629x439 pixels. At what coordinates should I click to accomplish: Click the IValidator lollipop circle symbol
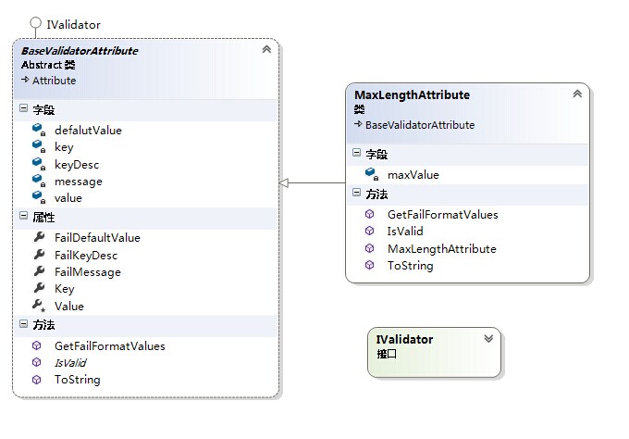pyautogui.click(x=36, y=22)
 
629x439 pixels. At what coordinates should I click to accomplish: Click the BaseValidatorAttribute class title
pyautogui.click(x=80, y=51)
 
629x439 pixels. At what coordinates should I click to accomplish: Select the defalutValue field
pyautogui.click(x=88, y=131)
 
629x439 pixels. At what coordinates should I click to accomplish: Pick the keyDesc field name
pyautogui.click(x=77, y=165)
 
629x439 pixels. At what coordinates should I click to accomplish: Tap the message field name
pyautogui.click(x=79, y=182)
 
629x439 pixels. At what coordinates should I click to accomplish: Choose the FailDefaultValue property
pyautogui.click(x=97, y=238)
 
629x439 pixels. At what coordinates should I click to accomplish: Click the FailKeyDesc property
pyautogui.click(x=86, y=256)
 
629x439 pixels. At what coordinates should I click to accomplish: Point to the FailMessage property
pyautogui.click(x=88, y=272)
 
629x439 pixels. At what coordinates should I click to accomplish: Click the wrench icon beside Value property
pyautogui.click(x=39, y=306)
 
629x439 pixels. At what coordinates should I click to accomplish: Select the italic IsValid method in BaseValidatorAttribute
pyautogui.click(x=70, y=363)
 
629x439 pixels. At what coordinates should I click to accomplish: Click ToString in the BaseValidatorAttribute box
pyautogui.click(x=78, y=380)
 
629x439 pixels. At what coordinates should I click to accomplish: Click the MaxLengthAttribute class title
pyautogui.click(x=412, y=94)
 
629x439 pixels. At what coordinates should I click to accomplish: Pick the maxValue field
pyautogui.click(x=413, y=175)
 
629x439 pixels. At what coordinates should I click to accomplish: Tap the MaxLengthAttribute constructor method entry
pyautogui.click(x=441, y=249)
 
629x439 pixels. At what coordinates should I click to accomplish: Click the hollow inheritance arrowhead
pyautogui.click(x=284, y=183)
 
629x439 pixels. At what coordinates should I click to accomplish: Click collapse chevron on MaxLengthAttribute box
pyautogui.click(x=577, y=94)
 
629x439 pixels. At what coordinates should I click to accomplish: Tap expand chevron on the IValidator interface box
pyautogui.click(x=488, y=339)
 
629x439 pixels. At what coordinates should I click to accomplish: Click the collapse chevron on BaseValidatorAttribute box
pyautogui.click(x=266, y=49)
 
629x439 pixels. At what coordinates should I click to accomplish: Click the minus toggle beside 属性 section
pyautogui.click(x=24, y=216)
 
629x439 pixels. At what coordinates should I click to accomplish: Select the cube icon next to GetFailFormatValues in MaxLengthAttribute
pyautogui.click(x=369, y=214)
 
